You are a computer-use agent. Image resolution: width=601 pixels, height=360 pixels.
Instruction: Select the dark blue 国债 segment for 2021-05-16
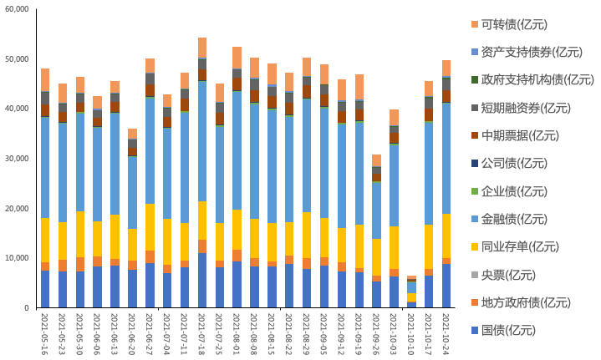pos(45,289)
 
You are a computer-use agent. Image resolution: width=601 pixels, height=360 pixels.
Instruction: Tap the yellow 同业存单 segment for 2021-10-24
pos(446,236)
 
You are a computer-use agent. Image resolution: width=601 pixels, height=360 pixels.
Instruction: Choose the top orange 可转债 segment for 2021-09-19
pos(359,87)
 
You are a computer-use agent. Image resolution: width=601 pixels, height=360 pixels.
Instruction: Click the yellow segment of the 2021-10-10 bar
pos(411,297)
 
